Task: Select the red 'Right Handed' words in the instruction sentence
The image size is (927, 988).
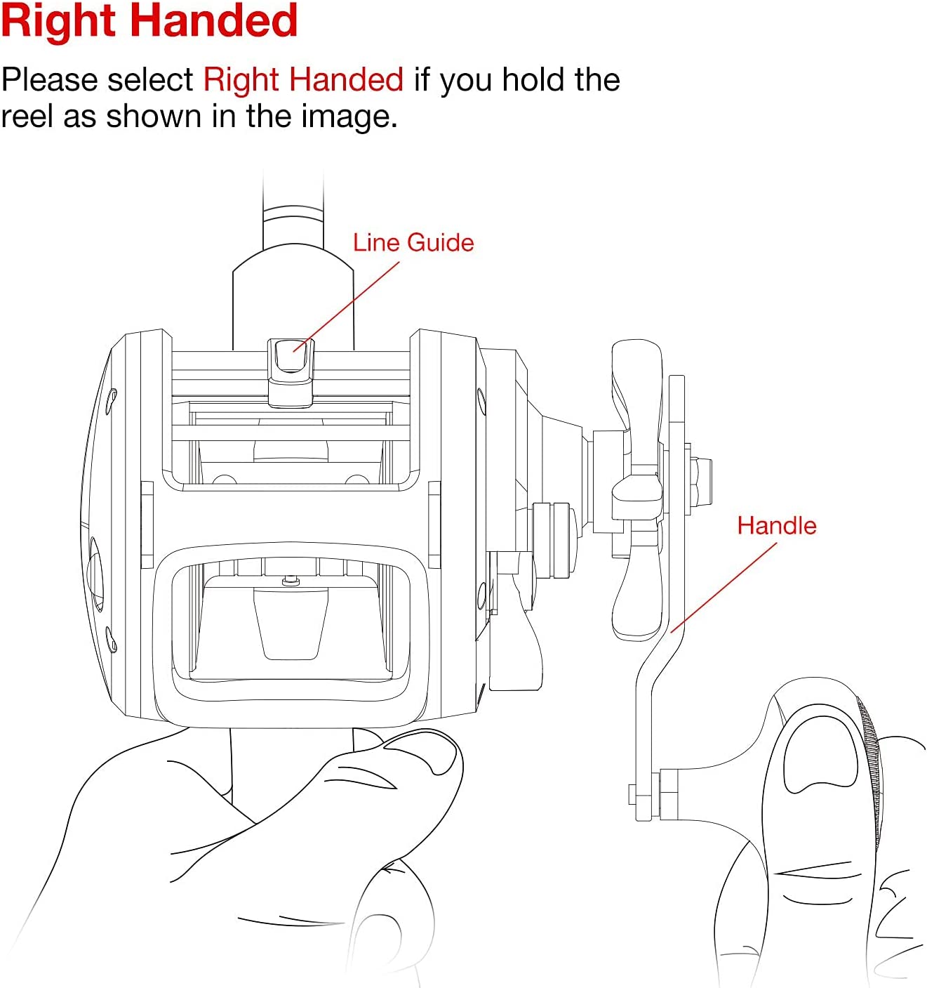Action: (303, 79)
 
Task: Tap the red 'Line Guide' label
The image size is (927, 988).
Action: (413, 243)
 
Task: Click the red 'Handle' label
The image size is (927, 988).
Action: (777, 526)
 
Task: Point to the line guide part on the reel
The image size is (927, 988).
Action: (291, 372)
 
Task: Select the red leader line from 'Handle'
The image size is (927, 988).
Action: (723, 588)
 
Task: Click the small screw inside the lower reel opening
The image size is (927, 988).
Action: (291, 581)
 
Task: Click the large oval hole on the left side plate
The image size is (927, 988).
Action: (96, 574)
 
